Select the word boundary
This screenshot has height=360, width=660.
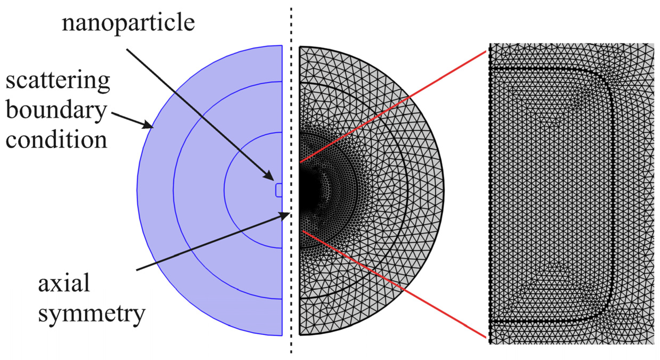[x=56, y=111]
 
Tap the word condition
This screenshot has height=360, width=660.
[x=56, y=140]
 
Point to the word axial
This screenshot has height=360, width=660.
[x=64, y=284]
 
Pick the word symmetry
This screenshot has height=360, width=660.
[x=92, y=314]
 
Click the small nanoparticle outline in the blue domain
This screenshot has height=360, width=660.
[x=279, y=190]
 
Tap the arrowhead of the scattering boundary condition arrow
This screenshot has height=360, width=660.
[x=148, y=124]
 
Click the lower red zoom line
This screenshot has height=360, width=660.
[x=393, y=284]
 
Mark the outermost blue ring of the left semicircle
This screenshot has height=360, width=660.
[x=155, y=190]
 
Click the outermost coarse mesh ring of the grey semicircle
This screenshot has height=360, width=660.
[x=425, y=190]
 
